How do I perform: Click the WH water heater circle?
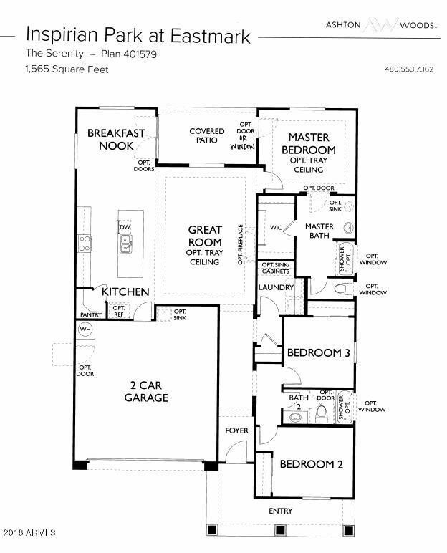point(85,330)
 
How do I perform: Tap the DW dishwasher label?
point(125,227)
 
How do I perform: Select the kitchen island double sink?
point(125,244)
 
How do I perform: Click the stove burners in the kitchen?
point(85,244)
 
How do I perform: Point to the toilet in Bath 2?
point(321,414)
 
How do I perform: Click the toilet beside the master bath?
point(343,289)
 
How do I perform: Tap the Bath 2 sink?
point(295,417)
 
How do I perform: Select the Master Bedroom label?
point(309,143)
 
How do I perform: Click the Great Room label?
point(205,236)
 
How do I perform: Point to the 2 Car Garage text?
point(146,391)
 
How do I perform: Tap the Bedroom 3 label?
point(319,352)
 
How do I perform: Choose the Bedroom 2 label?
point(311,463)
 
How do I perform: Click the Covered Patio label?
point(207,135)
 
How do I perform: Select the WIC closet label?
point(276,228)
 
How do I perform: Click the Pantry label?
point(91,314)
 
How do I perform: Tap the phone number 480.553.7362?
point(409,69)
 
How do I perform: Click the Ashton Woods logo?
point(380,24)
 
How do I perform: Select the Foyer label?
point(236,431)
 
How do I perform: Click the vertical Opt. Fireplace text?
point(240,244)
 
